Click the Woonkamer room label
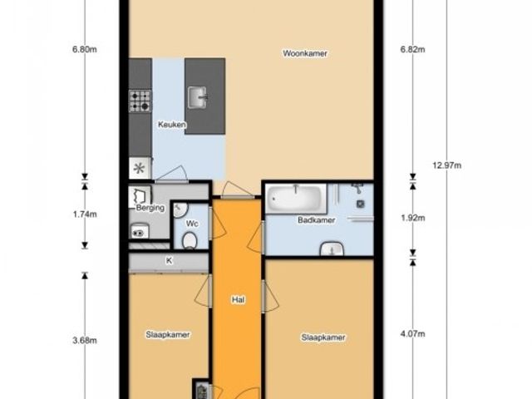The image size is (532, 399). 305,53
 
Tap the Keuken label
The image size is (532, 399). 172,125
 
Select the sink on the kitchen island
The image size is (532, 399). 197,97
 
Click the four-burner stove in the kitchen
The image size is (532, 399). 140,101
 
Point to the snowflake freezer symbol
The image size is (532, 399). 139,168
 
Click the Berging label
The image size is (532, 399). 150,208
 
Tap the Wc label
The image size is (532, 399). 192,224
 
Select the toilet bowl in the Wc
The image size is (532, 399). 190,240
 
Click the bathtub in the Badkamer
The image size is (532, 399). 296,199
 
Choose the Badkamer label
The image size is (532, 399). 317,220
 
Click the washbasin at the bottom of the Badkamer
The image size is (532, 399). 332,249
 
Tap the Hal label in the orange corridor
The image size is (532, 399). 239,299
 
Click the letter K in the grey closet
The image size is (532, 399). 169,260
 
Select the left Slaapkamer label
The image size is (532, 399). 168,334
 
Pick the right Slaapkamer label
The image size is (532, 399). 323,337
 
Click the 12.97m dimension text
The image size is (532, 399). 447,165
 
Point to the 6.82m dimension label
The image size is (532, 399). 412,50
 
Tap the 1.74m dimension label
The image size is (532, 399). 85,214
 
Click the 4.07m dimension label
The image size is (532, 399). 412,334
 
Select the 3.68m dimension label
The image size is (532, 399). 85,340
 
